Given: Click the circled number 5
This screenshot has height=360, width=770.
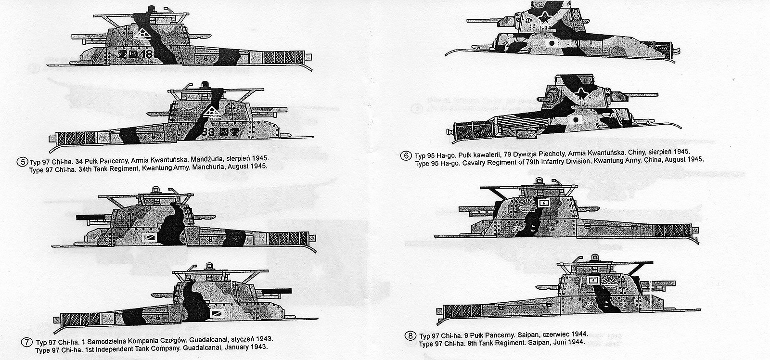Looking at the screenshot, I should click(22, 162).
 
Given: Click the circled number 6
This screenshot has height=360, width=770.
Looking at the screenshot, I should click(406, 155).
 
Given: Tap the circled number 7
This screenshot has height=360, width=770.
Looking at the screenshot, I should click(27, 343).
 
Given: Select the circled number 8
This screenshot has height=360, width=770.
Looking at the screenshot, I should click(410, 336).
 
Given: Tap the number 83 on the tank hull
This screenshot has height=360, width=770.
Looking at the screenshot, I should click(208, 131).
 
